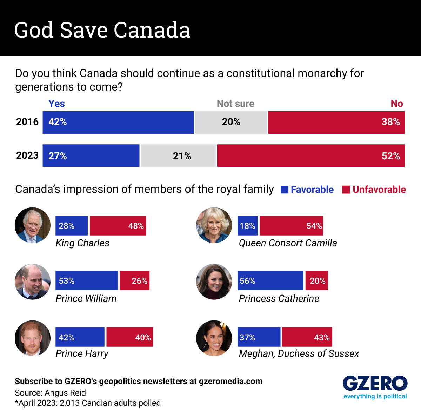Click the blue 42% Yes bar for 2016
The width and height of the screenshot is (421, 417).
click(x=118, y=123)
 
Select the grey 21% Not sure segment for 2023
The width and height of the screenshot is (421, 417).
click(x=178, y=155)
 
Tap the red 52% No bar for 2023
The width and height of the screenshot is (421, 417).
click(x=311, y=155)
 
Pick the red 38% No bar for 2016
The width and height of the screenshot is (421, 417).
click(x=336, y=123)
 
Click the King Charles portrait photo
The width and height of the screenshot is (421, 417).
click(x=33, y=225)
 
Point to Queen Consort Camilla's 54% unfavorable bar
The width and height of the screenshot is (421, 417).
click(x=291, y=226)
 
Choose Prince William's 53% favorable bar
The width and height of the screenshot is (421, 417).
click(x=87, y=280)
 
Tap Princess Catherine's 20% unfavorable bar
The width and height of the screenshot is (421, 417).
click(x=316, y=280)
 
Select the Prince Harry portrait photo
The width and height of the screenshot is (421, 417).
click(x=33, y=338)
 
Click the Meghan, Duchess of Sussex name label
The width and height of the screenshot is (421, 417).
click(x=299, y=353)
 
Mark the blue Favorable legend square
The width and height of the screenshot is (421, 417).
click(x=285, y=190)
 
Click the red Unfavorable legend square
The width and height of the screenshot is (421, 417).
click(x=346, y=190)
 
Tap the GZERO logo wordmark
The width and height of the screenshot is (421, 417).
click(x=375, y=383)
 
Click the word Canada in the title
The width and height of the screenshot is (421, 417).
click(x=152, y=30)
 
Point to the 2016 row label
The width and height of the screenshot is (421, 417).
click(x=27, y=122)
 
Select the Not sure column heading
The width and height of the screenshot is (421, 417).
click(x=235, y=104)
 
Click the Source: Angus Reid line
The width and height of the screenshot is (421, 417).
click(x=50, y=393)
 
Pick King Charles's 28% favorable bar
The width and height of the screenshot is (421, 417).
click(x=72, y=226)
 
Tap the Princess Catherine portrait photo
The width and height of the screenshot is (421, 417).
click(x=214, y=282)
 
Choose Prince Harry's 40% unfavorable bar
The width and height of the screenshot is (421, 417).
click(x=130, y=337)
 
